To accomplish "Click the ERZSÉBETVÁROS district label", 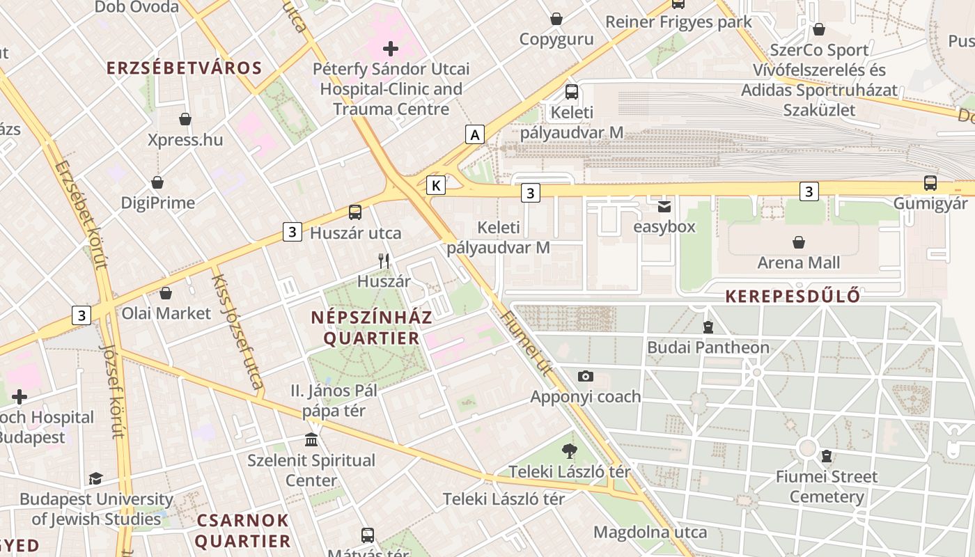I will [184, 68].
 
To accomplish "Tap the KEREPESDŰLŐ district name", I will [793, 296].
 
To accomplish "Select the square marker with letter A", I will [475, 134].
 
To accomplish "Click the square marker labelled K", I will [436, 185].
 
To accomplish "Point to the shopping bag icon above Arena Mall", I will [799, 242].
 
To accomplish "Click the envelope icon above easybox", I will [664, 206].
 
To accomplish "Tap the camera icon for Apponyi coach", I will [586, 376].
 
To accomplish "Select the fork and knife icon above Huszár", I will [384, 261].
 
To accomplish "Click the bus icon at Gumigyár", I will [930, 183].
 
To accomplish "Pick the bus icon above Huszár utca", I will [355, 212].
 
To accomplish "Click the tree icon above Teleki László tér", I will [570, 451].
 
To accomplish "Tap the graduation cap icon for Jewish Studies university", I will [95, 479].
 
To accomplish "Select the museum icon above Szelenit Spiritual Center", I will [311, 440].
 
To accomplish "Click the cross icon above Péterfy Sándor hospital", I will [391, 49].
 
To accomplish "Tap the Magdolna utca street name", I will [650, 533].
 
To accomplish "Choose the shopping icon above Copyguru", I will [556, 19].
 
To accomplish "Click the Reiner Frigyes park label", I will [678, 22].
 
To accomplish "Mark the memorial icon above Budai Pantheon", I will [708, 327].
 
